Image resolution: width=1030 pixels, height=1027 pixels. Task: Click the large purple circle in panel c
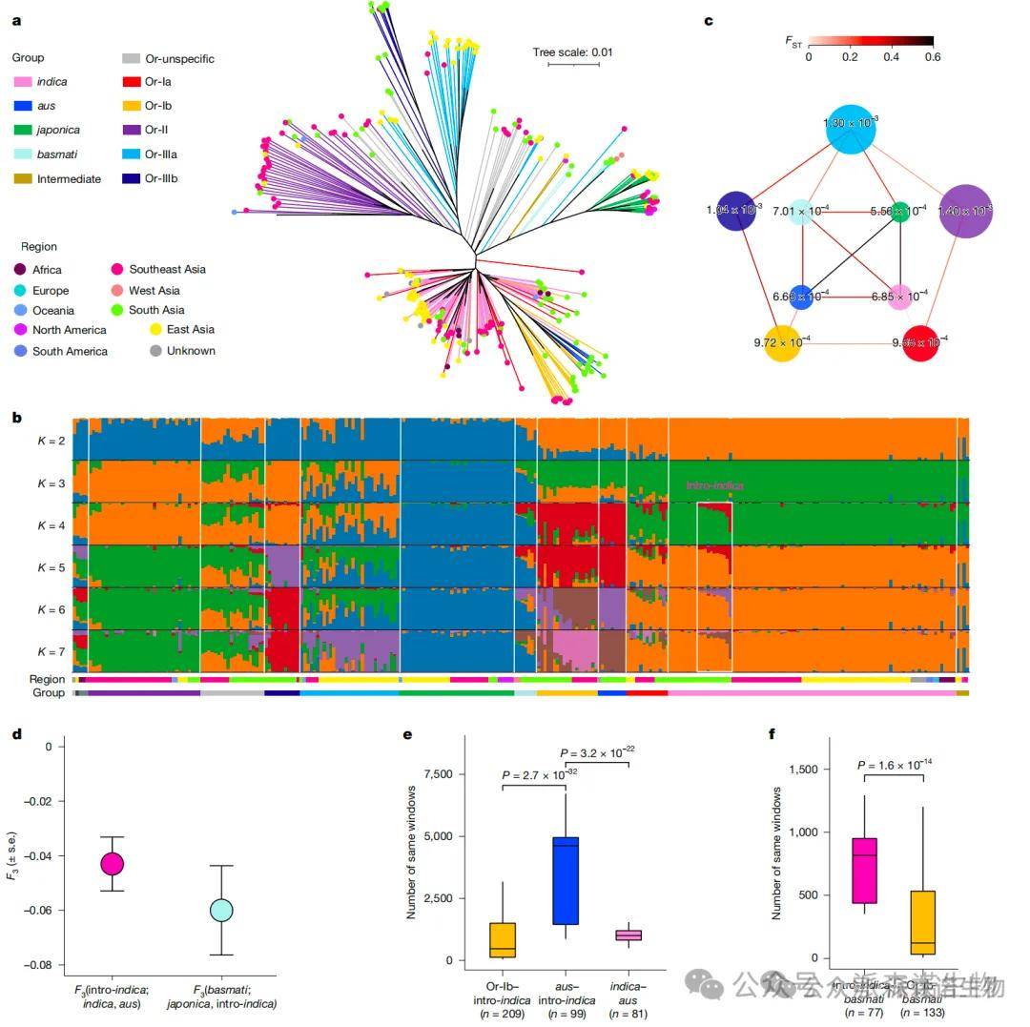click(965, 211)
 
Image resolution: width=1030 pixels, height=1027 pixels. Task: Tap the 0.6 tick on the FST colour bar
click(932, 56)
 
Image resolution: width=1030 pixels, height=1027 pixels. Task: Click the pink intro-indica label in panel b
click(714, 486)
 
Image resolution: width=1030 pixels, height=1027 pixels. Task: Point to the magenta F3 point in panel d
click(113, 864)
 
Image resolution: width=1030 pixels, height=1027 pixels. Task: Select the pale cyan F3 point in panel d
click(221, 910)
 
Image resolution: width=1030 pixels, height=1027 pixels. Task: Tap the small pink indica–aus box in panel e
click(628, 935)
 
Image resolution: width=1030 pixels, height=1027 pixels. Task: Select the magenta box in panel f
click(864, 870)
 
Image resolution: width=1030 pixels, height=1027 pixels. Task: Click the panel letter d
click(16, 734)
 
